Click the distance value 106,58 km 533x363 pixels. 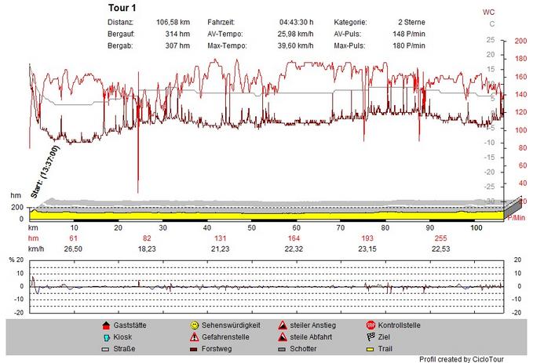click(173, 23)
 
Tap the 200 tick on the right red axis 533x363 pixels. click(520, 42)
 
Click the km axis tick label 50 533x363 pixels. click(253, 227)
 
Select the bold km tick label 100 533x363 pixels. click(476, 227)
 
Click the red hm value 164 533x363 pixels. click(294, 238)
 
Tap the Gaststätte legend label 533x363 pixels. click(130, 325)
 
